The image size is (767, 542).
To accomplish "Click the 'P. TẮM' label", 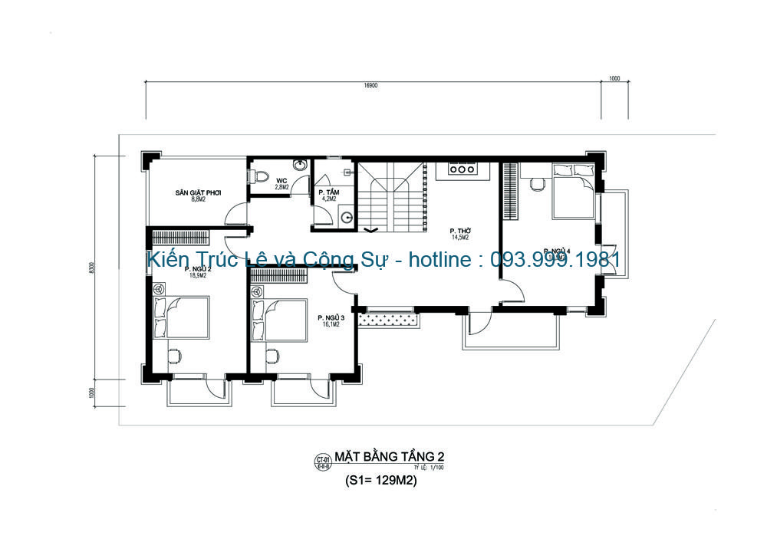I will point(330,192).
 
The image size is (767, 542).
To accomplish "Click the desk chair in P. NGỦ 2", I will point(175,355).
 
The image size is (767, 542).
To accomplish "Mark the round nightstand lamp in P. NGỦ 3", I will point(257,292).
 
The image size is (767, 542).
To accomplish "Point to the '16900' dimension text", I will point(371,86).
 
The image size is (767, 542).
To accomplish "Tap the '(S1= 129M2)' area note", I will point(381,482).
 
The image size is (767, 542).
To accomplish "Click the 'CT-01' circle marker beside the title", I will point(322,461).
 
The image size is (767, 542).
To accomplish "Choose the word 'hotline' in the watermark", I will point(439,261).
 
